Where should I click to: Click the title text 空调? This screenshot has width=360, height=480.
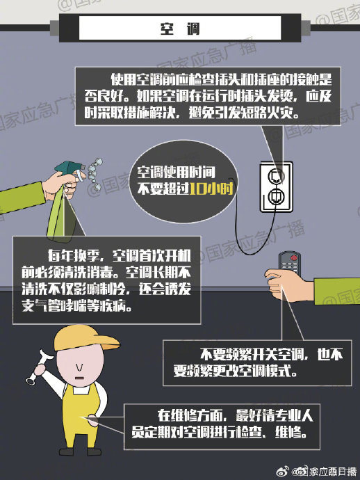[x=180, y=29]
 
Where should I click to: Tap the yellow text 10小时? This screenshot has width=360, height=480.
[x=211, y=189]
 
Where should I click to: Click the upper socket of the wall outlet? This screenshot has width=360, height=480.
[x=276, y=176]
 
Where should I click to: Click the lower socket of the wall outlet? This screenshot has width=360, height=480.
[x=276, y=196]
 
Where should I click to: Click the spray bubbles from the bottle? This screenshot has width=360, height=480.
[x=95, y=173]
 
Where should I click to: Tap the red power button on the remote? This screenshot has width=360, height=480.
[x=294, y=257]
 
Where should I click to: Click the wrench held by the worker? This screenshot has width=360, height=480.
[x=38, y=367]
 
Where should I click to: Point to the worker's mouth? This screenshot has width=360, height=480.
[x=79, y=378]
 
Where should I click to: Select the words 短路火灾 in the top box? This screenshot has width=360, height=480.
[x=268, y=113]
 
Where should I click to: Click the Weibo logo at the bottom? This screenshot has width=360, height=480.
[x=282, y=471]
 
